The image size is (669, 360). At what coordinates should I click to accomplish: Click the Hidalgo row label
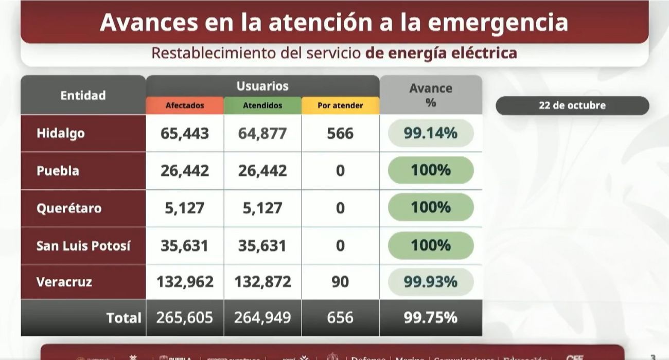61,133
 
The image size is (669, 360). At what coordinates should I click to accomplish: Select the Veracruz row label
64,281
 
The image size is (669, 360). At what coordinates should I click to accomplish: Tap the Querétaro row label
69,208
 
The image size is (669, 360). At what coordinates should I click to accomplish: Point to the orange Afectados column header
185,105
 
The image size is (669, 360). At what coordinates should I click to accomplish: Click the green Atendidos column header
262,105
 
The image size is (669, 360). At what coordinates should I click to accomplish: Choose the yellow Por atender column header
340,105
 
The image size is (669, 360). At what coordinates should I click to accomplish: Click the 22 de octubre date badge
572,105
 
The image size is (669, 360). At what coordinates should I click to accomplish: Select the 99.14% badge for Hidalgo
431,133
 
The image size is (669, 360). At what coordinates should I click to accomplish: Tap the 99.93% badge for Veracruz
431,281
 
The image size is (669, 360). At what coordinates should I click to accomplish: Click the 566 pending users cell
340,134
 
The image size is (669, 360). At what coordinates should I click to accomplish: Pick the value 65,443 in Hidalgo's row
185,134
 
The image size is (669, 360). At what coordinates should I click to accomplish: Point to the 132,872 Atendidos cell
262,282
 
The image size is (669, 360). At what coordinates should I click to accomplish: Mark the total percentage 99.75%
431,318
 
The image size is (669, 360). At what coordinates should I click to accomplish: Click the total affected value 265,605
185,318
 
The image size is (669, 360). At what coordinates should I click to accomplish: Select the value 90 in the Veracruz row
340,282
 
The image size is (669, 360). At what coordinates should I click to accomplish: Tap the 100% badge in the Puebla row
431,170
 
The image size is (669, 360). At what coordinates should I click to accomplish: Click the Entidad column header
83,95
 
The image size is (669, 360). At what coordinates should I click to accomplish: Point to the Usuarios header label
262,86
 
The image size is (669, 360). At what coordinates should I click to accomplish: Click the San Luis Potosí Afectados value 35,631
185,245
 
